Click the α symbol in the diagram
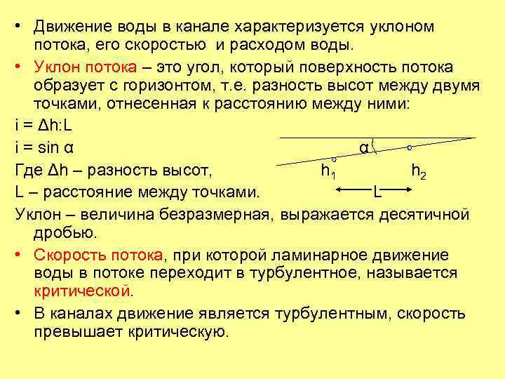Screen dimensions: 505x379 click(363, 148)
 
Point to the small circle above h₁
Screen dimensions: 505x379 click(334, 159)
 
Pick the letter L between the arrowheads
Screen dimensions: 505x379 click(377, 190)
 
